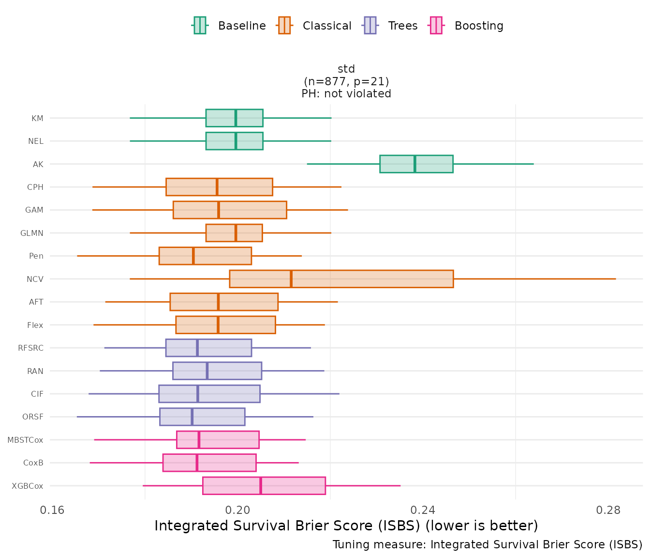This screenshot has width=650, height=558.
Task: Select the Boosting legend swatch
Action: [x=436, y=26]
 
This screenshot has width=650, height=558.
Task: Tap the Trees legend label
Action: [x=402, y=26]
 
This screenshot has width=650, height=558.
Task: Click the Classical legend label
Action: [x=327, y=26]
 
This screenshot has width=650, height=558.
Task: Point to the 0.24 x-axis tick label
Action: [x=423, y=510]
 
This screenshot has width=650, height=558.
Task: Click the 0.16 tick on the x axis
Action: [x=52, y=510]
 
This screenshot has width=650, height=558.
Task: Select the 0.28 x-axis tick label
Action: [x=608, y=510]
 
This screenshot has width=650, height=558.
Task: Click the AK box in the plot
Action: [x=416, y=164]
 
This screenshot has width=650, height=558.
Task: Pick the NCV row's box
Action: [x=341, y=279]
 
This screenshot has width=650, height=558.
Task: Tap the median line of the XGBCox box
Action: [x=261, y=486]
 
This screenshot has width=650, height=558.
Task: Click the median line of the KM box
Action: [x=236, y=118]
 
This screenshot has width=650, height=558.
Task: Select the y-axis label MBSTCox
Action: [x=25, y=440]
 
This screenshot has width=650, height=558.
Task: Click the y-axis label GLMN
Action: [x=32, y=233]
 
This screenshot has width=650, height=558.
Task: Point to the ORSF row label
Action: [x=33, y=417]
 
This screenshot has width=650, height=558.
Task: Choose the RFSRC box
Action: [x=208, y=348]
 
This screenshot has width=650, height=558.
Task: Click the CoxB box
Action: [x=209, y=463]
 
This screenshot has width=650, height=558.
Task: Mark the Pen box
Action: [x=205, y=256]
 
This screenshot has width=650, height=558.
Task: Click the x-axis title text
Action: [x=346, y=526]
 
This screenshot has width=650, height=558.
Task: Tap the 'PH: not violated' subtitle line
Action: [x=346, y=94]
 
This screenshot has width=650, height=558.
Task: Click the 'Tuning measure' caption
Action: [x=487, y=545]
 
